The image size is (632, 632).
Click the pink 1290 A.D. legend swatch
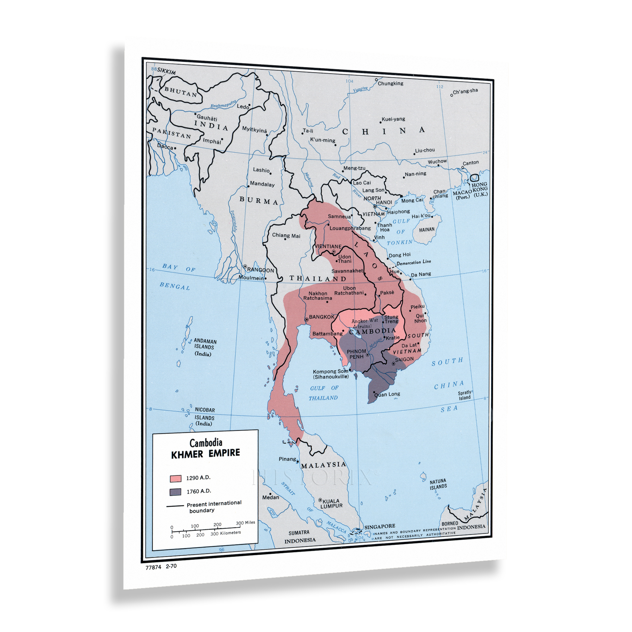coord(176,478)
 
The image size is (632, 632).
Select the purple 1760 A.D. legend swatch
coord(176,492)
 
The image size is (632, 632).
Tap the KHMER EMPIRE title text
coord(205,453)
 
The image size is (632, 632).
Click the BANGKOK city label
coord(322,317)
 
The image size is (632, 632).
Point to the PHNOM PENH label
coord(356,354)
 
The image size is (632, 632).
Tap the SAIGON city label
coord(404,360)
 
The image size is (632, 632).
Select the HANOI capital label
coord(384,203)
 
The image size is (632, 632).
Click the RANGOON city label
coord(260,270)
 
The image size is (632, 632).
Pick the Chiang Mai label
coord(286,235)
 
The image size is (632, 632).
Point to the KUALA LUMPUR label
coord(331,503)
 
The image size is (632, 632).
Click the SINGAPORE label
coord(380,526)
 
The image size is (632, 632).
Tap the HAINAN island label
coord(427,230)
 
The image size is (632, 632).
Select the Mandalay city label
coord(262,184)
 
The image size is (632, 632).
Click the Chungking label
coord(391,83)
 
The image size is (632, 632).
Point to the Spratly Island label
coord(465,395)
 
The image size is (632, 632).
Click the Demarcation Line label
coord(413,262)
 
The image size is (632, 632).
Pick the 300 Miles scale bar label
coord(245,523)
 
